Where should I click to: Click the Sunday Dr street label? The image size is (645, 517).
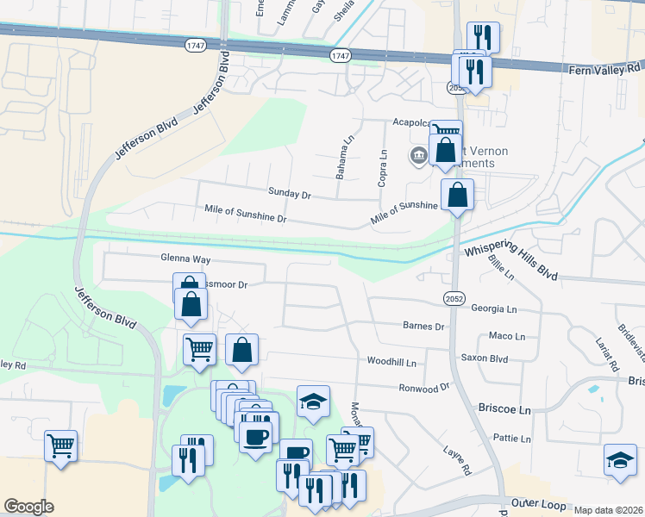click(289, 195)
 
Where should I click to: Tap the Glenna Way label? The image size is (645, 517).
click(185, 258)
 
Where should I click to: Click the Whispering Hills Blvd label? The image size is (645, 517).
click(511, 258)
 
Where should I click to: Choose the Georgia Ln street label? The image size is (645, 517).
click(494, 308)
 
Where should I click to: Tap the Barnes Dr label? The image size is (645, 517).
click(423, 327)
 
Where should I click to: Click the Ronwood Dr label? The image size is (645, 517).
click(425, 388)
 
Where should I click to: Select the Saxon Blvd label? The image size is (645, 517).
click(485, 357)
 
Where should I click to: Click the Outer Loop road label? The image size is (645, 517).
click(536, 502)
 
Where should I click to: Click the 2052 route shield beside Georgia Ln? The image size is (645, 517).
click(454, 298)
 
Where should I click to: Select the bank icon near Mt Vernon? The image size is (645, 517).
click(419, 155)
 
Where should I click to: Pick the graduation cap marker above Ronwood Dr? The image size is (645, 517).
click(313, 400)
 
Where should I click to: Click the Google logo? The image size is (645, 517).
click(28, 507)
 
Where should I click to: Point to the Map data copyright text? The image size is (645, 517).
click(608, 510)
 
